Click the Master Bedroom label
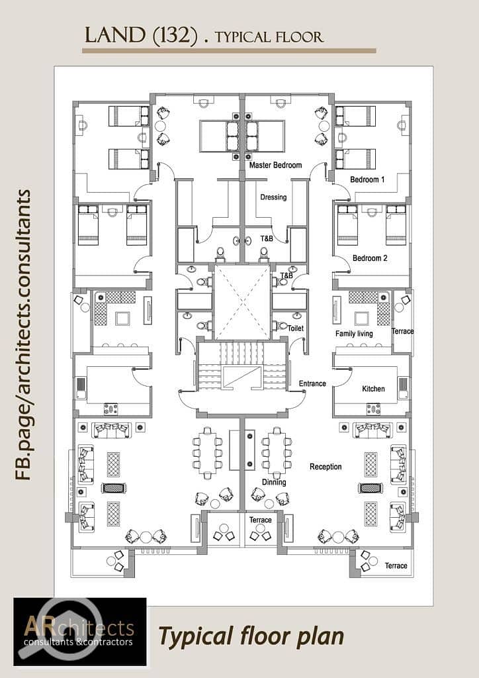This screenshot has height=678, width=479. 276,165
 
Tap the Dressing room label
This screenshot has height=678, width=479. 273,197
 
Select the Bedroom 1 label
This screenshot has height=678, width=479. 367,179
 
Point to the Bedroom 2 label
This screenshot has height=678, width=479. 370,258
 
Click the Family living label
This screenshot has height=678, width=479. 354,334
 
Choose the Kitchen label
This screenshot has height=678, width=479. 373,389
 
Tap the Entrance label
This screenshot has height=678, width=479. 312,383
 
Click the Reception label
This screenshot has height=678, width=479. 326,467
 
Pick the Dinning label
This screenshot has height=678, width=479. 274,482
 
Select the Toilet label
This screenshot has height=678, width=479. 296,328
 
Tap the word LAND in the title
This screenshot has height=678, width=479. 115,36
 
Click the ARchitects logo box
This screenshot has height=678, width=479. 80,632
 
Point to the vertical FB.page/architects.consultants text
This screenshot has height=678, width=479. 22,334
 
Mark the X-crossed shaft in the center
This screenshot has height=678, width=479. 242,302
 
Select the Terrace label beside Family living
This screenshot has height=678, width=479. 402,331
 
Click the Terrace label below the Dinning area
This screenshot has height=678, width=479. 261,520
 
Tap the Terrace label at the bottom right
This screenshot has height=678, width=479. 396,565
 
